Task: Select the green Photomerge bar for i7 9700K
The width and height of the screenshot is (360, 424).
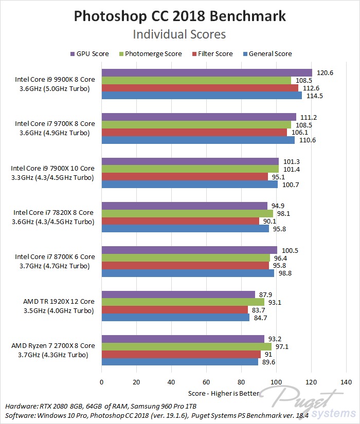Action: click(196, 124)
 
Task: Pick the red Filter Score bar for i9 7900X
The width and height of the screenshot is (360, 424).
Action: click(185, 177)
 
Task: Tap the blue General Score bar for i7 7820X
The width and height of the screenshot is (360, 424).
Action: click(185, 229)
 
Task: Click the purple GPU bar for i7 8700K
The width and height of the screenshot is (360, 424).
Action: click(189, 250)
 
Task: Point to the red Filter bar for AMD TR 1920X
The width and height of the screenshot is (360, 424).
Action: click(175, 309)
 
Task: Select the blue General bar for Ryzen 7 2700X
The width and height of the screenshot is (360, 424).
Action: click(179, 362)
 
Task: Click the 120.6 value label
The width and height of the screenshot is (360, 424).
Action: click(325, 73)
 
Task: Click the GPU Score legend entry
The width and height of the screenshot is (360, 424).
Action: click(90, 53)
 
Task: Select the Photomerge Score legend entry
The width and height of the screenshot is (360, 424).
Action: click(149, 53)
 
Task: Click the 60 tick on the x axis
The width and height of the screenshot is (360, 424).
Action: click(206, 382)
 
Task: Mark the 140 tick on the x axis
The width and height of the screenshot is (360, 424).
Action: click(346, 382)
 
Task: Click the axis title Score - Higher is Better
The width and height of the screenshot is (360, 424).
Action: click(224, 394)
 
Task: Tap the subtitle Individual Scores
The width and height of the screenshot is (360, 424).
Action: click(179, 34)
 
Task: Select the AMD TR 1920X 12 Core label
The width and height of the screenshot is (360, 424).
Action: click(59, 301)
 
